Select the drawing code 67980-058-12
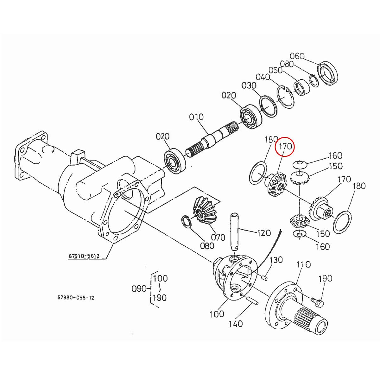76,298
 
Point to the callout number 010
196,117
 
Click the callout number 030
249,85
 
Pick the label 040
263,77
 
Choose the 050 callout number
275,70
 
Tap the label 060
297,56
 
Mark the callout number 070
218,237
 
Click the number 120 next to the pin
264,233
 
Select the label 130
276,260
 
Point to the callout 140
236,324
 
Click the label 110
303,264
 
